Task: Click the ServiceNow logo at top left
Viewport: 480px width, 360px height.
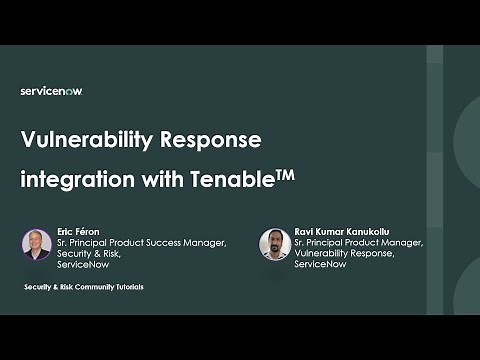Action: [50, 91]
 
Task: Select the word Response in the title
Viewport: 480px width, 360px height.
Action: [214, 142]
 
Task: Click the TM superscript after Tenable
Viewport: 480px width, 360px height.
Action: [282, 177]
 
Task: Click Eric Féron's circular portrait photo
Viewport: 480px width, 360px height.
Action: [36, 244]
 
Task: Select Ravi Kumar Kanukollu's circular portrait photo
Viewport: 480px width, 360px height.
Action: [274, 244]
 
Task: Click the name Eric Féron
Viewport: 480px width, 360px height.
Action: [79, 230]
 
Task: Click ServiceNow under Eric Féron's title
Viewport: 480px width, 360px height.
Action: [86, 266]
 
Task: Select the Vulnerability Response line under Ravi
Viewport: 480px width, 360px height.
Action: [346, 254]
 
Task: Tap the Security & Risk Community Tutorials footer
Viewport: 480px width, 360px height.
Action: [84, 287]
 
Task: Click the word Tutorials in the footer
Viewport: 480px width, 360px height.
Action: [125, 287]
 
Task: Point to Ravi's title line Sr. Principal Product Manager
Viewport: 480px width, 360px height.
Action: [359, 242]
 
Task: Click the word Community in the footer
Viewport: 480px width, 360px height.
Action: [87, 287]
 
